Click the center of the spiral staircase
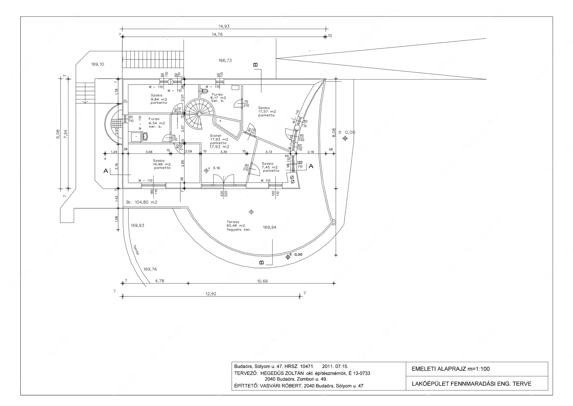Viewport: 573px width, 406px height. pos(199,114)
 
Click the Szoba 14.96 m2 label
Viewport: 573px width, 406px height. pos(162,164)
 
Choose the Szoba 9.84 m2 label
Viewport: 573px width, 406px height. pos(158,99)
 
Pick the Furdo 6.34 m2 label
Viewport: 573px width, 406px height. pos(156,123)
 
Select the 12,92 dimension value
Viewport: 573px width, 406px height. pos(211,294)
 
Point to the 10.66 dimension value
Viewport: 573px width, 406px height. pos(262,281)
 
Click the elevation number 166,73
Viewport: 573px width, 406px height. pos(225,60)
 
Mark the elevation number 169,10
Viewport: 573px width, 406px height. pos(98,64)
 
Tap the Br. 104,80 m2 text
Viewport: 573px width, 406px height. pos(142,202)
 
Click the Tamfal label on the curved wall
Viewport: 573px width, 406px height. pos(136,250)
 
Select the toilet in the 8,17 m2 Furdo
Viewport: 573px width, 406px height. pos(205,91)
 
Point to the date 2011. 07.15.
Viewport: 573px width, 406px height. pos(335,366)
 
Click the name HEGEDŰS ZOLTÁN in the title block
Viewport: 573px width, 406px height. pos(282,373)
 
